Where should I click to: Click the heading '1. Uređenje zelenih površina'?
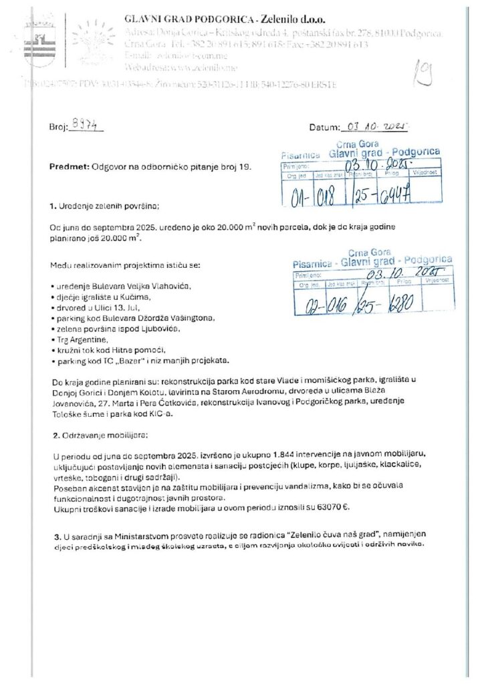[105, 206]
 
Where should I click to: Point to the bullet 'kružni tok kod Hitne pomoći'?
[109, 350]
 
